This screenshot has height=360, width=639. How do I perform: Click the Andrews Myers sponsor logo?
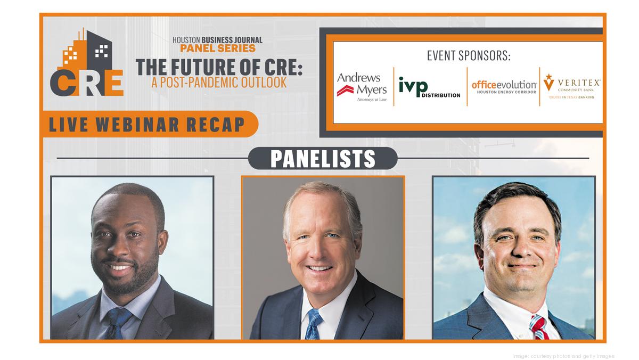(362, 87)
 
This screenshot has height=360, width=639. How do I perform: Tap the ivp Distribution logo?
(429, 87)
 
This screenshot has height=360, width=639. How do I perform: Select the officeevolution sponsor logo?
(504, 87)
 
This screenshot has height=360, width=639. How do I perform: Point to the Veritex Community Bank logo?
(572, 86)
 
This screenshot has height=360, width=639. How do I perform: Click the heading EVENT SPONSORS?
(469, 55)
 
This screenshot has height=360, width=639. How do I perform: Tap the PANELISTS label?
(323, 158)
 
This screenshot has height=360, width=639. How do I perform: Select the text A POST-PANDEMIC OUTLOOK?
(219, 83)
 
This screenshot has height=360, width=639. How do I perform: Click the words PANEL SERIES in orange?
(218, 48)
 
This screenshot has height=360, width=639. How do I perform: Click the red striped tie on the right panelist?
(538, 327)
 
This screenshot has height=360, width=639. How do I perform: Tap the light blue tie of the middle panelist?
(313, 324)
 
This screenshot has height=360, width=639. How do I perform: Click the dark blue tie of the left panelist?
(118, 323)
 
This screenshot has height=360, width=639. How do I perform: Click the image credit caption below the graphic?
(563, 356)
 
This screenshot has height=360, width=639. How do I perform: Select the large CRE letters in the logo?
(87, 83)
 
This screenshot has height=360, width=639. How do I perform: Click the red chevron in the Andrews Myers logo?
(345, 91)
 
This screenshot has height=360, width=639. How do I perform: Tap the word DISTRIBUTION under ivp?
(441, 95)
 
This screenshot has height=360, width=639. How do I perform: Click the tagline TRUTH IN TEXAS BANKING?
(572, 97)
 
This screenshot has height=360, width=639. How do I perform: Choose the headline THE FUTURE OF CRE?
(219, 67)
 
